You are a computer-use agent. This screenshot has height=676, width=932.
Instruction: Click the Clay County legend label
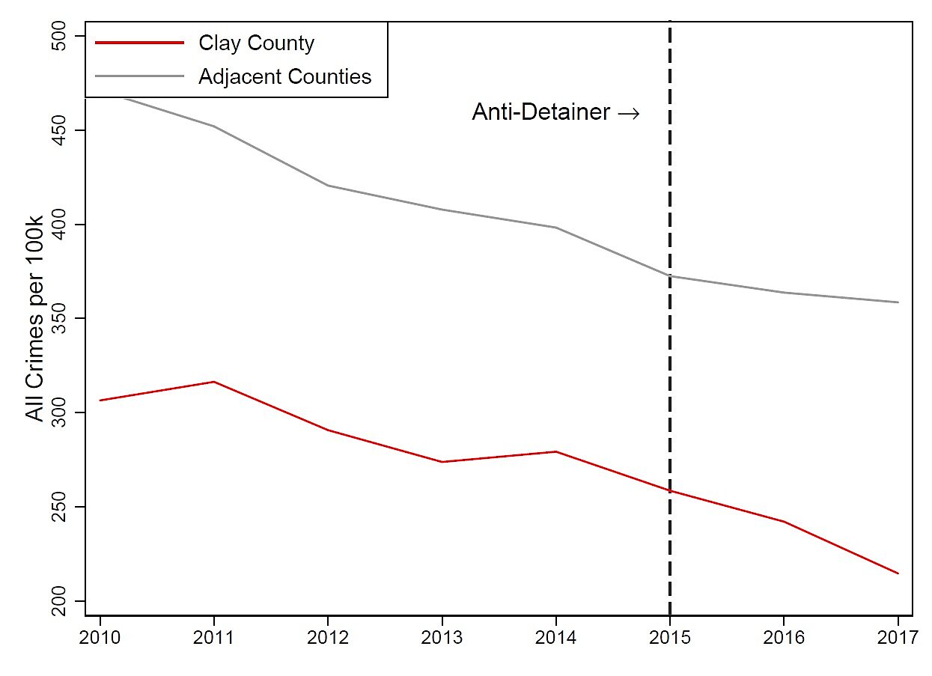coord(256,43)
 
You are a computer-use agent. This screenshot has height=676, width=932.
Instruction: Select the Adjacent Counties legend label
coord(284,76)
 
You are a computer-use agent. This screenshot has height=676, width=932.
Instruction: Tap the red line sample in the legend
coord(138,43)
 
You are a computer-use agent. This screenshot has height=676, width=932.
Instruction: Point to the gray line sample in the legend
coord(138,76)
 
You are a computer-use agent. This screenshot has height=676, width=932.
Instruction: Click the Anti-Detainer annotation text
coord(541,112)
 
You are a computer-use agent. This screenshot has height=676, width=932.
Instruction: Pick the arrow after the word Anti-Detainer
coord(629,113)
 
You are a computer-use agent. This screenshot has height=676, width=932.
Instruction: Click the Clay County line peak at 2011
coord(214,382)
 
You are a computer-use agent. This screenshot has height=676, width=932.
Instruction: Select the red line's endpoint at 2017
coord(898,573)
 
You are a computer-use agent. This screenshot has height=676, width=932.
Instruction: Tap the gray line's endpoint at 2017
coord(898,302)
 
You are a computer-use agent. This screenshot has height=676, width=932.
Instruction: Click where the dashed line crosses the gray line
coord(669,276)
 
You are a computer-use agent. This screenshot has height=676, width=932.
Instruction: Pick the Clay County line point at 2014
coord(555,451)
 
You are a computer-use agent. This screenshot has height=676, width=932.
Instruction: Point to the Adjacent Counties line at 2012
coord(328,186)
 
